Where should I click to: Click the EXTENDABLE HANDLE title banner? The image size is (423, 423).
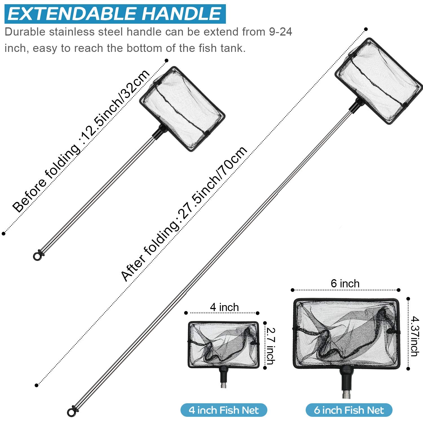115,14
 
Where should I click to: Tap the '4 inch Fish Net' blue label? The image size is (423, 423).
224,410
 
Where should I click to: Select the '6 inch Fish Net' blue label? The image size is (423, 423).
349,410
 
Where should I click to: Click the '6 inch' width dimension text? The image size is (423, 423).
345,284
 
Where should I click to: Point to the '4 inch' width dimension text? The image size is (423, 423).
224,307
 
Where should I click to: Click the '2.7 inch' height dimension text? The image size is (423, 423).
270,346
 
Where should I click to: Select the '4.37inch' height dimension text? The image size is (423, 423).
415,336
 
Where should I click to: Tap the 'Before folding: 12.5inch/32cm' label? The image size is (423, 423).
81,141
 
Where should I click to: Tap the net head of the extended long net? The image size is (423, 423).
379,80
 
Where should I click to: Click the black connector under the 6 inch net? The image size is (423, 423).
346,379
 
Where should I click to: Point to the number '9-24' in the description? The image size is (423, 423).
280,32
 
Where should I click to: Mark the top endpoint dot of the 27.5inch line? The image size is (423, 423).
366,29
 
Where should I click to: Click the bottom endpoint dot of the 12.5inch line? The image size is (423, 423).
4,233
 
